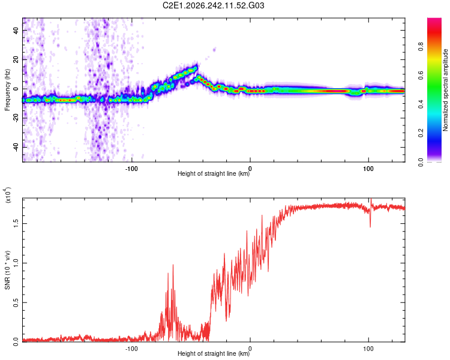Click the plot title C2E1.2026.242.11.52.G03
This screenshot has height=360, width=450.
point(213,5)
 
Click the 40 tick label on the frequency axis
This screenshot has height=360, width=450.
point(16,30)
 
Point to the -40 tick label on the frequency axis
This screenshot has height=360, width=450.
point(16,148)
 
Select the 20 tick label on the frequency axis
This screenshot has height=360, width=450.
point(16,59)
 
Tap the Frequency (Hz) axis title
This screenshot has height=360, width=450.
point(7,90)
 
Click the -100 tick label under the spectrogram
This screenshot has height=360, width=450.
point(131,169)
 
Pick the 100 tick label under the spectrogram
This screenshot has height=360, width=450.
point(368,169)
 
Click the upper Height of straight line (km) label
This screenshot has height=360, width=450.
point(214,173)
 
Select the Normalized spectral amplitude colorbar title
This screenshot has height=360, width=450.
point(445,90)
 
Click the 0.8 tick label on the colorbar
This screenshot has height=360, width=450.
point(421,46)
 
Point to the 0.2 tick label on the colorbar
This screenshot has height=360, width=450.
point(421,133)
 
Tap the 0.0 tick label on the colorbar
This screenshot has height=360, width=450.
point(421,162)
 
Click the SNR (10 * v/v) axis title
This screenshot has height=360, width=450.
point(7,270)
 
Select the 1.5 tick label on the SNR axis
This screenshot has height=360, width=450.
point(16,223)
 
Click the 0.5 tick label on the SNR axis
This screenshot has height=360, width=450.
point(16,302)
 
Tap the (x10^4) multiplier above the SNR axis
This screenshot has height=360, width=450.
point(7,196)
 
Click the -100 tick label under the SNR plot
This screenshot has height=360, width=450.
point(131,349)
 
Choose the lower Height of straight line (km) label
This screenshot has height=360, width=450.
point(214,353)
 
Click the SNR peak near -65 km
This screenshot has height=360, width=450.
point(173,265)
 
